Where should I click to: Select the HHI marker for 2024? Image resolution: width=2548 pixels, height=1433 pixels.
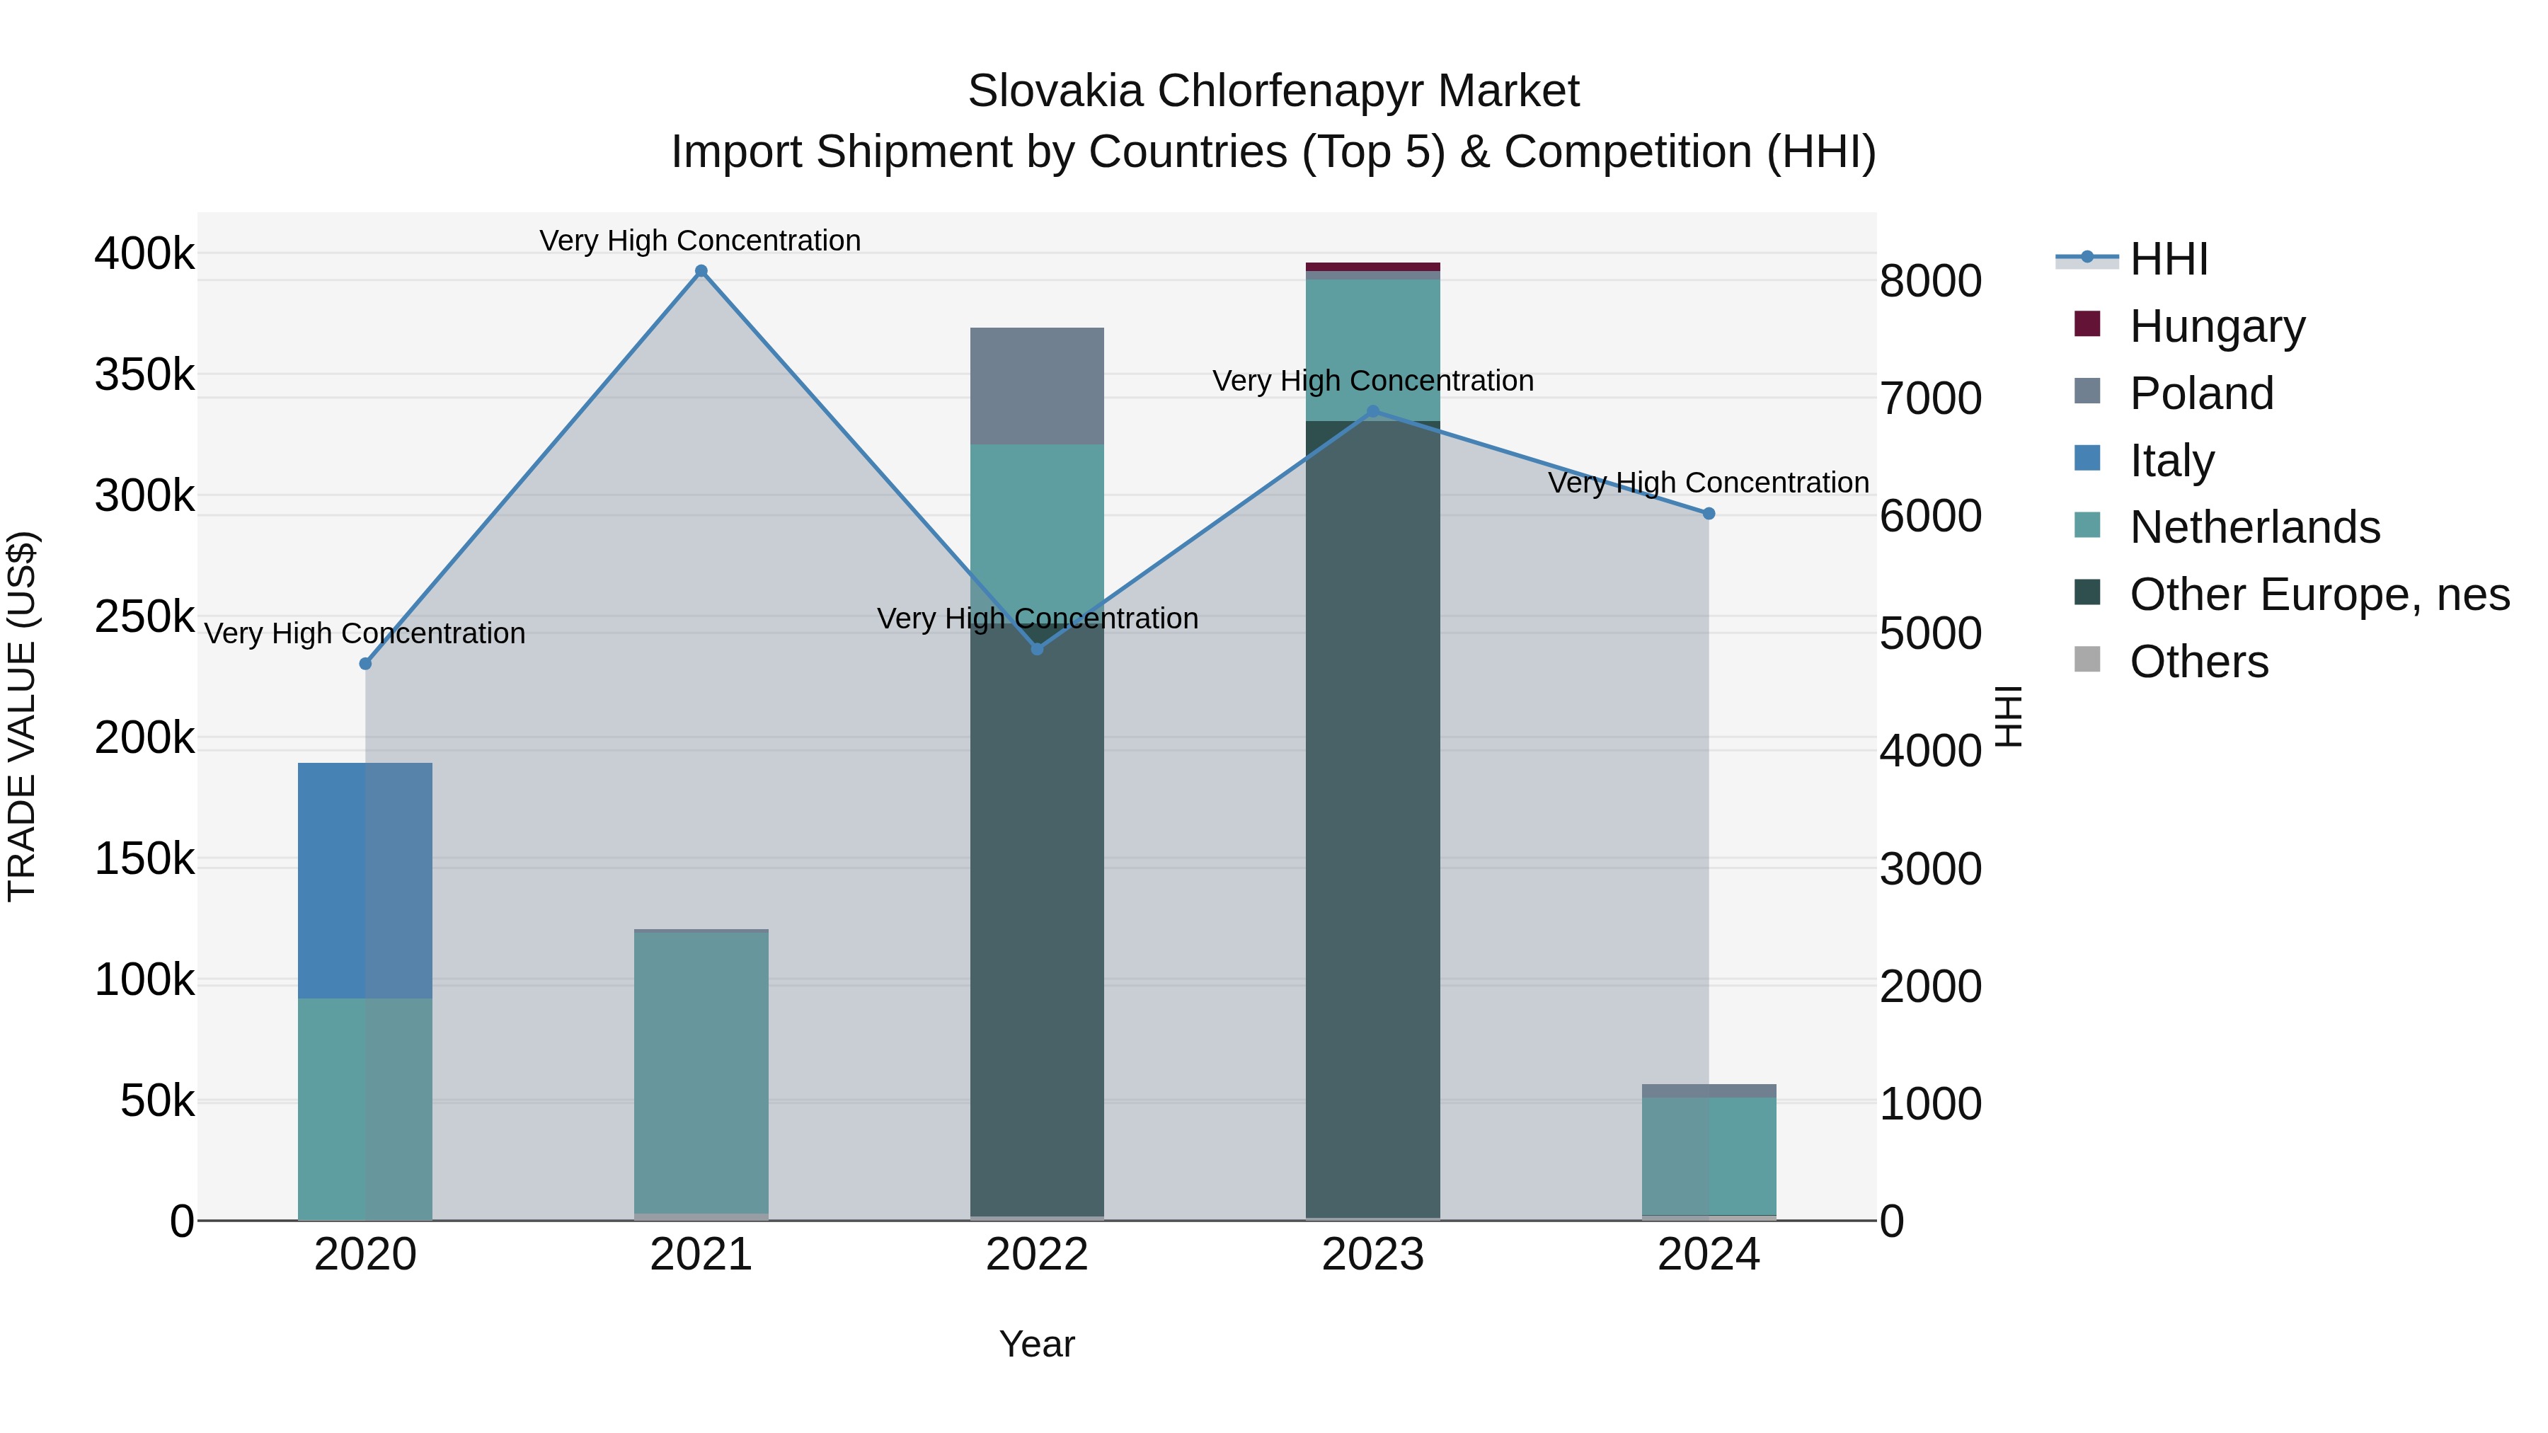[1709, 513]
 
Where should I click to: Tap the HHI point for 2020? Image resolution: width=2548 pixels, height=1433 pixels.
[365, 664]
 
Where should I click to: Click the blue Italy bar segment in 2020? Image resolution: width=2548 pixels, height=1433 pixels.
[365, 880]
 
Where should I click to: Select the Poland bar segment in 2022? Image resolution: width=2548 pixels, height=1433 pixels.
[1037, 386]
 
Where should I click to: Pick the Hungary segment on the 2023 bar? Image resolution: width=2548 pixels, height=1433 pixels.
[1373, 267]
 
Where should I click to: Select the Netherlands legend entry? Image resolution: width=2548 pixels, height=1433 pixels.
[2254, 527]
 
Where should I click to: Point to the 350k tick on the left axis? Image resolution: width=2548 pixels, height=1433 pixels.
[144, 375]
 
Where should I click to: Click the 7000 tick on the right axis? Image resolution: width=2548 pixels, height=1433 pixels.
[1930, 398]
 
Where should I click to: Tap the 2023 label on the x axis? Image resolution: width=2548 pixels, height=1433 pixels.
[1373, 1255]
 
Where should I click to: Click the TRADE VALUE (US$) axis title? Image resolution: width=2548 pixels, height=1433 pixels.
[23, 716]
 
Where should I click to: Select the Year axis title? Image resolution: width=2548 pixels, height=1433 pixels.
[1037, 1344]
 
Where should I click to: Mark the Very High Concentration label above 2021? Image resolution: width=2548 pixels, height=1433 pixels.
[700, 241]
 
